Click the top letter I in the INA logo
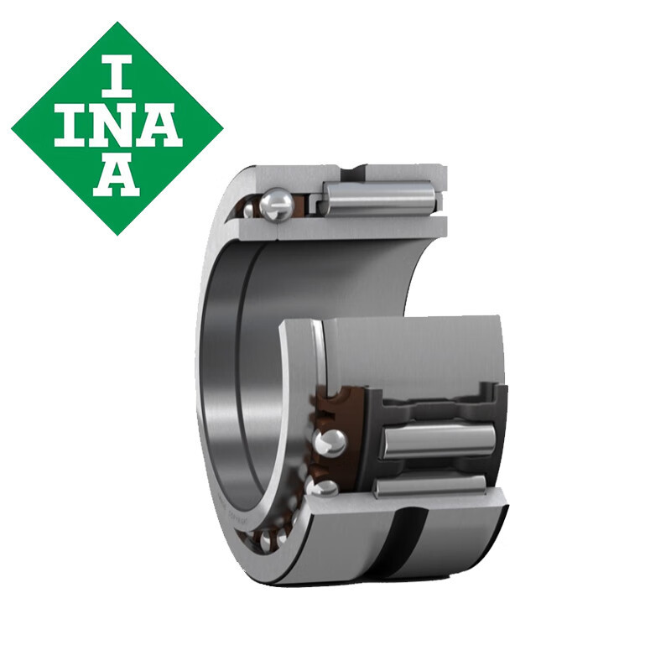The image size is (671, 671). pyautogui.click(x=117, y=74)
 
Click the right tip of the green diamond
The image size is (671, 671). pyautogui.click(x=221, y=128)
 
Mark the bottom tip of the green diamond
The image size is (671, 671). pyautogui.click(x=117, y=232)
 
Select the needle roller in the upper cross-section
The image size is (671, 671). pyautogui.click(x=379, y=198)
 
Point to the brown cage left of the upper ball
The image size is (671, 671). pyautogui.click(x=250, y=205)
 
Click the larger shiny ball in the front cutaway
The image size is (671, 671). pyautogui.click(x=330, y=441)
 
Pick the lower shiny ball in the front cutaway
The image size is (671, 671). pyautogui.click(x=324, y=487)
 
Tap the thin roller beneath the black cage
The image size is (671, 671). pyautogui.click(x=428, y=485)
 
